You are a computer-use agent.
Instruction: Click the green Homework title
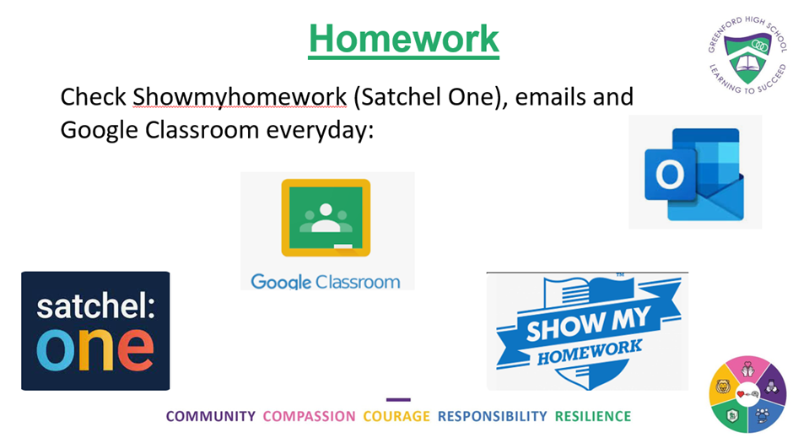coord(403,40)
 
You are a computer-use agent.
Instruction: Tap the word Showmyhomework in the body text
coord(240,97)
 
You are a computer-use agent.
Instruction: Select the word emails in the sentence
coord(548,96)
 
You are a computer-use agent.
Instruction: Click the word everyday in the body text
coord(320,131)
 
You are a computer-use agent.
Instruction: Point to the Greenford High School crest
coord(747,55)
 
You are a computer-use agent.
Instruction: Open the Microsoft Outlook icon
coord(695,173)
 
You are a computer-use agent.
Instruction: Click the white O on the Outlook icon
coord(670,175)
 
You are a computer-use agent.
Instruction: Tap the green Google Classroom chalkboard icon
coord(326,218)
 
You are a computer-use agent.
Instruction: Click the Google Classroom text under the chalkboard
coord(325,282)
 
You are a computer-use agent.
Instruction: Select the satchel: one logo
coord(95,331)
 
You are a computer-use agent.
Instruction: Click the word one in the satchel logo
coord(95,350)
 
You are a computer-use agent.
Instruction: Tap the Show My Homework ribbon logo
coord(588,332)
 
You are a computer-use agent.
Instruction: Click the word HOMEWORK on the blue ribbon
coord(589,353)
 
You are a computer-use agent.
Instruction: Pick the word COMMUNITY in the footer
coord(211,416)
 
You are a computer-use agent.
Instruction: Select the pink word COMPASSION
coord(309,416)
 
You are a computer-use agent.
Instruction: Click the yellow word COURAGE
coord(396,416)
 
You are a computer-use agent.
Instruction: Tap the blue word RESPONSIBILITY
coord(492,416)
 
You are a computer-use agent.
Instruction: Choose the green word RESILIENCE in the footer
coord(593,416)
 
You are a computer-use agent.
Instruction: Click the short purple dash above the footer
coord(398,399)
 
